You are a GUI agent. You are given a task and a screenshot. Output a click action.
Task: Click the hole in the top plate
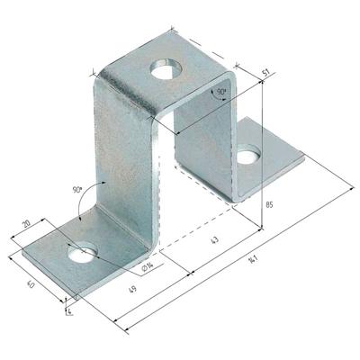point(166,68)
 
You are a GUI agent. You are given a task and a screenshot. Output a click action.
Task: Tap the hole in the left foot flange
point(83,252)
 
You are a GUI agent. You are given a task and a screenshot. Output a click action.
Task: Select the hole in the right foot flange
point(248,155)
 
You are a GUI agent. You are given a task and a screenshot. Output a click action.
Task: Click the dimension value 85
point(269,205)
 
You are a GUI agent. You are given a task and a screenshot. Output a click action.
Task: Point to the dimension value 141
point(253,259)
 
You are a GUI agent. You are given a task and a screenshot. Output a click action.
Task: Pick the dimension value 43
point(215,240)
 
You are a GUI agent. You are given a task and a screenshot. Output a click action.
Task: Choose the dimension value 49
point(133,289)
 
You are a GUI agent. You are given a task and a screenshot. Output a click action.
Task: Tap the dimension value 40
point(31,284)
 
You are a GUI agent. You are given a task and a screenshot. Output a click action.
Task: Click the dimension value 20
point(26,225)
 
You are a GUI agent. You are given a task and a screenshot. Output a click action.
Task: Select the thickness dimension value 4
point(70,312)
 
